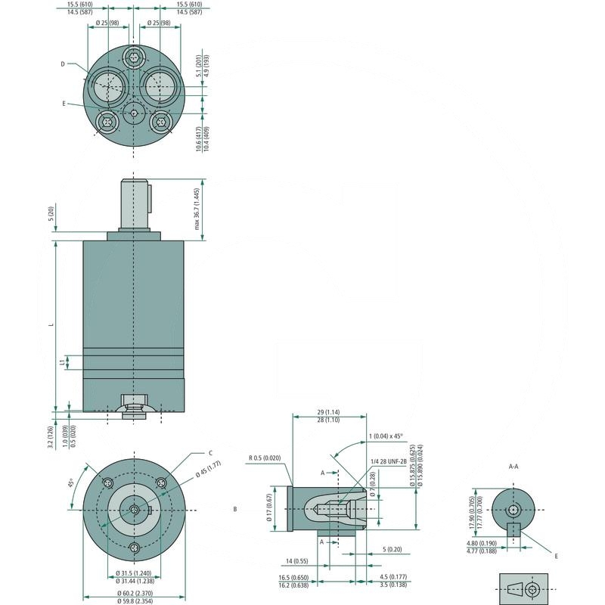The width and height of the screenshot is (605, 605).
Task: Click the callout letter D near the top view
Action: tap(63, 64)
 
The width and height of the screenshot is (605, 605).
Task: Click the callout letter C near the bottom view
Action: tap(210, 453)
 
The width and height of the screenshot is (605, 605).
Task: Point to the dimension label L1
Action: tap(62, 363)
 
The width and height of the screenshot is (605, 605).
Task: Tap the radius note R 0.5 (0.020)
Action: tap(265, 458)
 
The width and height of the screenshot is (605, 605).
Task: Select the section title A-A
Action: tap(513, 467)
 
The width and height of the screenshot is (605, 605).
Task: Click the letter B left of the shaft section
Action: tap(235, 510)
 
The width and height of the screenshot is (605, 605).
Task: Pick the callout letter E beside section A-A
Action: tap(556, 556)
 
